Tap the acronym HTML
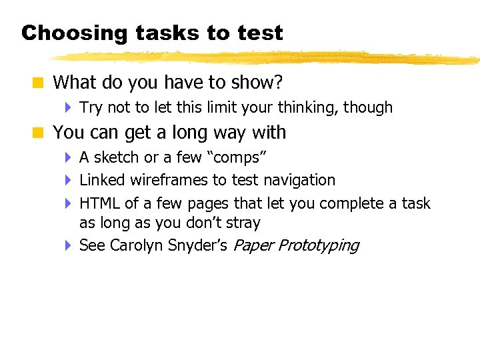(97, 203)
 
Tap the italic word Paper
(253, 245)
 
